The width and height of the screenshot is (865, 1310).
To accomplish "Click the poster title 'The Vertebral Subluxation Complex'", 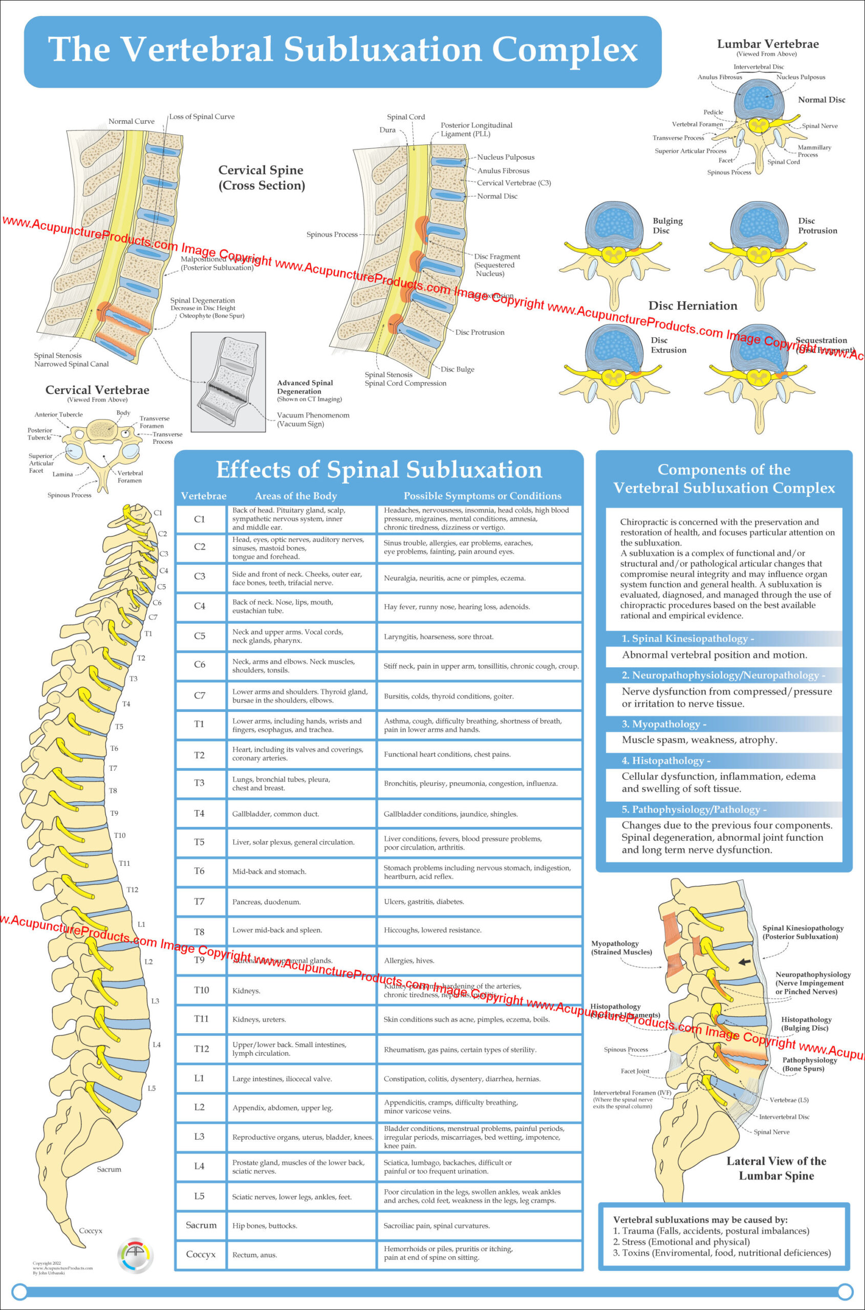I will [x=342, y=50].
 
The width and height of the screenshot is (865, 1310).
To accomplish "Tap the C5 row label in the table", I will [x=199, y=636].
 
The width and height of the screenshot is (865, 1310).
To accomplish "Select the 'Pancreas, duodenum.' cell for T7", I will [x=267, y=902].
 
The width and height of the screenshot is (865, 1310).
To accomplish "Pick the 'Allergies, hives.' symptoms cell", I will [x=409, y=960].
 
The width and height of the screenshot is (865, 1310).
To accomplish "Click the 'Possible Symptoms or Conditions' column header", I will [x=482, y=496].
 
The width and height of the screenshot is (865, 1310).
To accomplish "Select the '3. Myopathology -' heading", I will [x=664, y=724].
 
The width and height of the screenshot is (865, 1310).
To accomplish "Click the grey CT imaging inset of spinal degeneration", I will [x=228, y=381].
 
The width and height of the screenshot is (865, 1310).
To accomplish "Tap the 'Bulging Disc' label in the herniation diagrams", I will [x=667, y=226].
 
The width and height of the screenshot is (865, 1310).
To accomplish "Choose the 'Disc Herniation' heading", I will [x=693, y=305].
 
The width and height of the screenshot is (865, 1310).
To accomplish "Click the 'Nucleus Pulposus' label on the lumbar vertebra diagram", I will [x=801, y=77].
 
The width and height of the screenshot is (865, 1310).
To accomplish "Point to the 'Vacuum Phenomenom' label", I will [x=313, y=416].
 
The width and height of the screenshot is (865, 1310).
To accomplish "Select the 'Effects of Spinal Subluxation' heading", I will [x=379, y=469].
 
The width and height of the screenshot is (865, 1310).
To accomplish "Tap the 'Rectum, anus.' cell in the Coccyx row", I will [x=254, y=1255].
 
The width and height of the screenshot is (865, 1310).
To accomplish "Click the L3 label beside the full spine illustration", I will [x=155, y=1000].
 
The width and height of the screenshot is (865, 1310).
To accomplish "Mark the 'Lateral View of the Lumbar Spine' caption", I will [x=775, y=1168].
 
